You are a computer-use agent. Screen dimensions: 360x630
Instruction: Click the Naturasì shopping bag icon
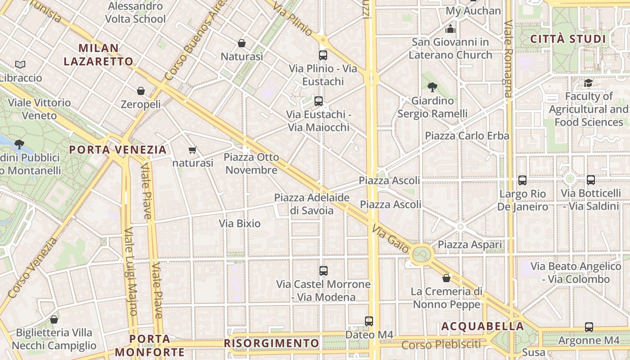click(242, 43)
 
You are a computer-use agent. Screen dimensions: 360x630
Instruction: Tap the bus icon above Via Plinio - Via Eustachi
click(323, 55)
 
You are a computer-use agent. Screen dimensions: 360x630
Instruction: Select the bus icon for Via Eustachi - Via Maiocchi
click(319, 101)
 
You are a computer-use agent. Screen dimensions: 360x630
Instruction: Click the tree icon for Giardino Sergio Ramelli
click(432, 87)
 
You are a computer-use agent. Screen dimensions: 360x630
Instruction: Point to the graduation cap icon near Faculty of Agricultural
click(588, 83)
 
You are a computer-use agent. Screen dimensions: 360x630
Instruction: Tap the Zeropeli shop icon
click(141, 91)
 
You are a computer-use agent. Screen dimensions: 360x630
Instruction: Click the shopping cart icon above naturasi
click(193, 150)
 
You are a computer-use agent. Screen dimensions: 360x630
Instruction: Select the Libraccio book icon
click(20, 64)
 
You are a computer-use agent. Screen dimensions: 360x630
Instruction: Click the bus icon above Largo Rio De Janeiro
click(522, 180)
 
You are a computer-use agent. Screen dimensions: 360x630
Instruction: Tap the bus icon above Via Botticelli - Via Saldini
click(591, 180)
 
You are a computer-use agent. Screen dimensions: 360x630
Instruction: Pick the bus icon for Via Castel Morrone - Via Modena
click(324, 271)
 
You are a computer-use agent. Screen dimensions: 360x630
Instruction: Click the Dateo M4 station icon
click(369, 321)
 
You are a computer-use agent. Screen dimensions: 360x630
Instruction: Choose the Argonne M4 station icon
click(589, 327)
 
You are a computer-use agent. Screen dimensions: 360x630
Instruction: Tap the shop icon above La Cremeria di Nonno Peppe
click(446, 278)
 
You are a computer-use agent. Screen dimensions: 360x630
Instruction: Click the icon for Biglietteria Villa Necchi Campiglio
click(54, 319)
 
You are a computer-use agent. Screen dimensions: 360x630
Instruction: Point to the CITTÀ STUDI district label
click(568, 39)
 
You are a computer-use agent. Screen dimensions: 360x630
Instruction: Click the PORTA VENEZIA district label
click(118, 150)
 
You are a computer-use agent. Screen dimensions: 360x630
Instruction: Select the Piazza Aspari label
click(470, 245)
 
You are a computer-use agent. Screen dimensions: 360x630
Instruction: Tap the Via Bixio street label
click(240, 223)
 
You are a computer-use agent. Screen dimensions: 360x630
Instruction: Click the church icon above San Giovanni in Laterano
click(450, 29)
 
